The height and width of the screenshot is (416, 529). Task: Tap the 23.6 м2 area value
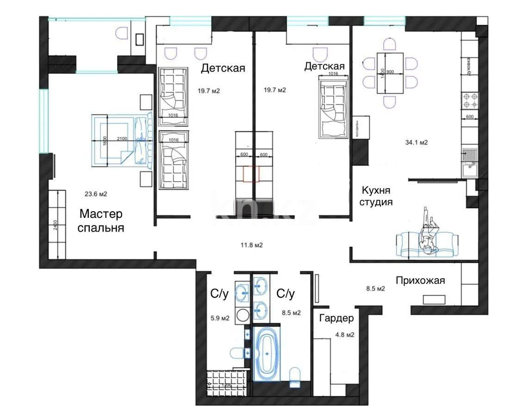tap(95, 195)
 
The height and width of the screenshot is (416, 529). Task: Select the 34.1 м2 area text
tap(416, 143)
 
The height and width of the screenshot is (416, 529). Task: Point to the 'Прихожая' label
tap(420, 281)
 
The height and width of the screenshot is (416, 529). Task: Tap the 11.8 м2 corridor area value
tap(251, 245)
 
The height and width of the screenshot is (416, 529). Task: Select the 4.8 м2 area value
tap(344, 335)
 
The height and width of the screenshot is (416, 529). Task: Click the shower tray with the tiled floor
tap(225, 381)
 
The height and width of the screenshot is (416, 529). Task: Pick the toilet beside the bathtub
tap(294, 377)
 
